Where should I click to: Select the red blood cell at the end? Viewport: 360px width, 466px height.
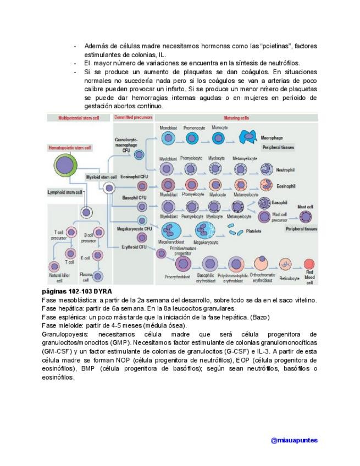pos(310,264)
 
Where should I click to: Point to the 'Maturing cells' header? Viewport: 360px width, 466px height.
pos(236,118)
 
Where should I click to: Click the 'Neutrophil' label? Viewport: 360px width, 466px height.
pos(285,170)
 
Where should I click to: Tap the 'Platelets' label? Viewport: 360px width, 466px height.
pos(253,231)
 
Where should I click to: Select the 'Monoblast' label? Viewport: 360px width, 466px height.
pos(167,127)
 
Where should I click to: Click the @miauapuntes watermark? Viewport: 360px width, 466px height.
pos(294,440)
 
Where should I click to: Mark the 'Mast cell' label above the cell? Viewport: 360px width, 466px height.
pos(305,207)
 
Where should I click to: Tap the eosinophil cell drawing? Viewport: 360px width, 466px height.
pos(265,186)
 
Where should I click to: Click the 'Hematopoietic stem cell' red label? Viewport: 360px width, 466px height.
pos(70,148)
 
